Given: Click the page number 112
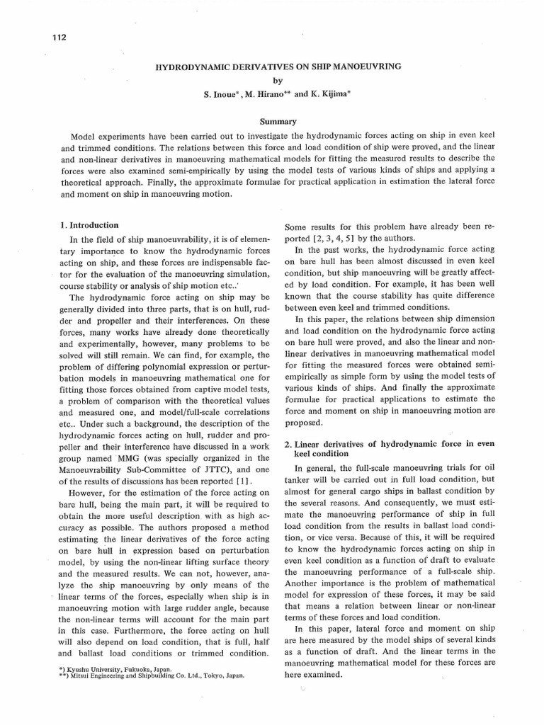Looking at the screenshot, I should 59,37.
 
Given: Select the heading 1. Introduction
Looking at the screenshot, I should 91,226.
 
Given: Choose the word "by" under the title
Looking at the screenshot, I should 278,80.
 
